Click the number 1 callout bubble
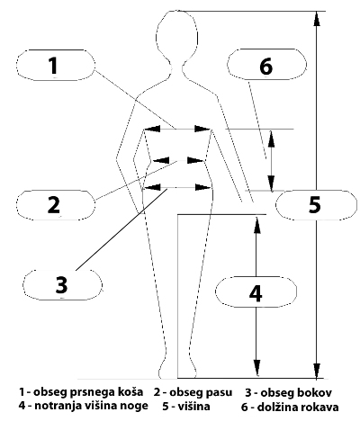point(56,65)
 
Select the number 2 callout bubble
point(56,205)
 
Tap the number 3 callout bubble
point(63,284)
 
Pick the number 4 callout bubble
point(256,291)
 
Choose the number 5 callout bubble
point(316,205)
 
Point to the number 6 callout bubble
point(267,65)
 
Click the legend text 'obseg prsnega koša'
point(88,392)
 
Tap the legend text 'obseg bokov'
point(296,392)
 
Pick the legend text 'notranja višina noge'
point(91,406)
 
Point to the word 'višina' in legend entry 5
point(193,407)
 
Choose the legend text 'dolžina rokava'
point(298,407)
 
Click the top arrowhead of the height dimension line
point(317,19)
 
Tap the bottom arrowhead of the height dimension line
point(317,371)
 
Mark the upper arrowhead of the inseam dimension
point(256,224)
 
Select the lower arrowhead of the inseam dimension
point(256,368)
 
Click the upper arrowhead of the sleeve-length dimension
point(271,139)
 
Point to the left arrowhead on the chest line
point(152,129)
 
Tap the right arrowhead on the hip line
point(203,188)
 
